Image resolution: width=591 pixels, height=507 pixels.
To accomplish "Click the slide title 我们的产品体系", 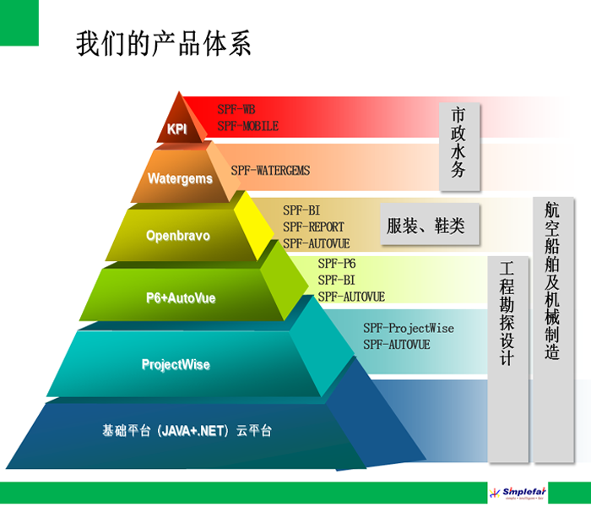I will (164, 43).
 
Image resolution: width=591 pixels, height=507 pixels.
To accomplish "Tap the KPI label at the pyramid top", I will (177, 129).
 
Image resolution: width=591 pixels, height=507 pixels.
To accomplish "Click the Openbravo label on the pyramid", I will (176, 235).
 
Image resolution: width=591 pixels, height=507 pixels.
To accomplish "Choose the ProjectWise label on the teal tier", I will (176, 365).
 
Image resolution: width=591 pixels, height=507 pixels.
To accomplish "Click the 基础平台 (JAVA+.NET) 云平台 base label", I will (187, 430).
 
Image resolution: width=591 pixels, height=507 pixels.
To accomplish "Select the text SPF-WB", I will (236, 110).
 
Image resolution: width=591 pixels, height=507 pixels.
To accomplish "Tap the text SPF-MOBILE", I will (247, 126).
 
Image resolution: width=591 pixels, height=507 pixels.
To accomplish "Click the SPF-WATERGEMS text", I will (270, 171).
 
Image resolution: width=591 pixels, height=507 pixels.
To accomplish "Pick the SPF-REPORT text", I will (313, 226).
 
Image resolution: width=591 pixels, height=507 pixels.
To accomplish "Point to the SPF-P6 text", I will (337, 264).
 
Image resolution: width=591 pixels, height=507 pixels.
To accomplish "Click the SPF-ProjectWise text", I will (409, 328).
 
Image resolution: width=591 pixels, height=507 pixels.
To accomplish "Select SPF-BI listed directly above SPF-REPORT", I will (301, 210).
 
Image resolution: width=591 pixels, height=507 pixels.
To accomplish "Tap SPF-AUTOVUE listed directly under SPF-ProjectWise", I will (397, 345).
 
